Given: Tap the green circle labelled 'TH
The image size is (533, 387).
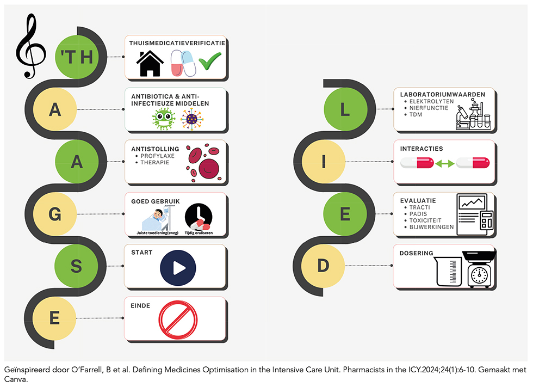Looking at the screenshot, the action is (x=77, y=57).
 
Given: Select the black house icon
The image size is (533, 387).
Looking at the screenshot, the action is (x=150, y=63).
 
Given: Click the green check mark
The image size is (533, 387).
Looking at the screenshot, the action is (x=210, y=61).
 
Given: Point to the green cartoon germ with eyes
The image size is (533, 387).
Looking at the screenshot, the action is (x=164, y=119).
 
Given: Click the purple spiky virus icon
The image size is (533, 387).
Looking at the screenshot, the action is (x=192, y=119).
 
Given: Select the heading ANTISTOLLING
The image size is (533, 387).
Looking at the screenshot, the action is (x=155, y=149).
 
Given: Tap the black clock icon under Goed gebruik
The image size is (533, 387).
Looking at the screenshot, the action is (x=199, y=217).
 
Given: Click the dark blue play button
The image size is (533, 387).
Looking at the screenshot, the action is (x=178, y=268).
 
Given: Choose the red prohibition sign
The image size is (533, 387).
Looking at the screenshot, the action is (x=178, y=320).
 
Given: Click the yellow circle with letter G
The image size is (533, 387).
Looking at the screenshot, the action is (x=55, y=214).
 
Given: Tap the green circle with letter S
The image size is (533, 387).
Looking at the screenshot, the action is (x=77, y=266).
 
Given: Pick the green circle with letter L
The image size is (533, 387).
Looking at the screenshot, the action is (x=345, y=109).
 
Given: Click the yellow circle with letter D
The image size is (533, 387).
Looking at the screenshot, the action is (x=323, y=266).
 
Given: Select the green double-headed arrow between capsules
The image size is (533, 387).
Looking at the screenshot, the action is (x=445, y=164).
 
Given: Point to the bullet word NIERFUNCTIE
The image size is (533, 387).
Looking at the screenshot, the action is (x=429, y=108).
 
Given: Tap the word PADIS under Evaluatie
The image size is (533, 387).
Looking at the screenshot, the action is (x=418, y=214).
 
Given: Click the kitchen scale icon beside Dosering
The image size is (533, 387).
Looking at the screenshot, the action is (x=479, y=269).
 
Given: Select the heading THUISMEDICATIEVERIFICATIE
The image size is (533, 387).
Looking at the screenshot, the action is (x=177, y=43).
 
